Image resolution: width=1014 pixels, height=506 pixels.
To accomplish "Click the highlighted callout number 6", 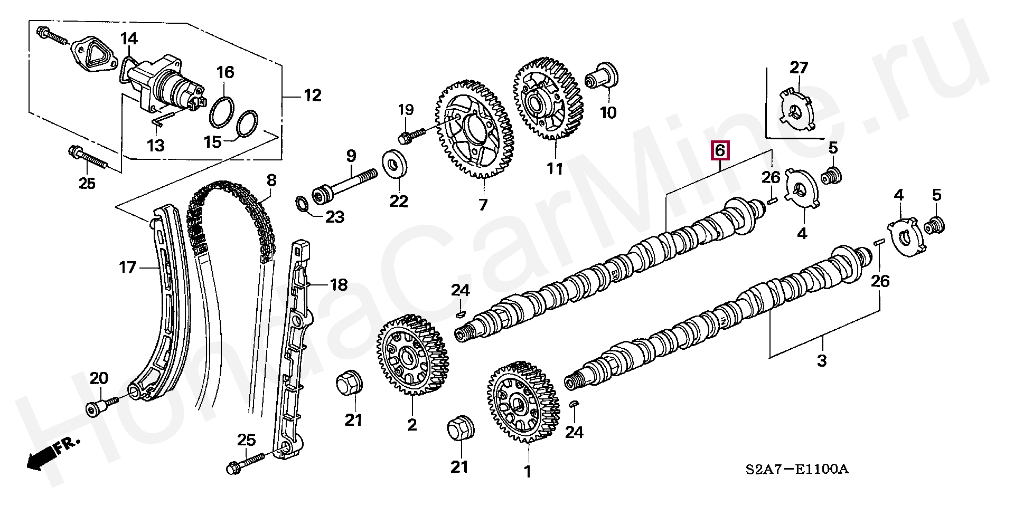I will tap(719, 151).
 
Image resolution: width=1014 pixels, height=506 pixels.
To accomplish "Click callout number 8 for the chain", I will tap(271, 181).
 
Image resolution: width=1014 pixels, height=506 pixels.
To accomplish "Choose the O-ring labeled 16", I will tap(222, 112).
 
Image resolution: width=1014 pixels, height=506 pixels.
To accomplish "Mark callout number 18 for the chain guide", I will tap(339, 285).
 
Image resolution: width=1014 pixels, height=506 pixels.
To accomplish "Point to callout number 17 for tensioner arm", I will tap(128, 268).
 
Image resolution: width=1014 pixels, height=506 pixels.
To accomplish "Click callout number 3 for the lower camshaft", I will tap(822, 361).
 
